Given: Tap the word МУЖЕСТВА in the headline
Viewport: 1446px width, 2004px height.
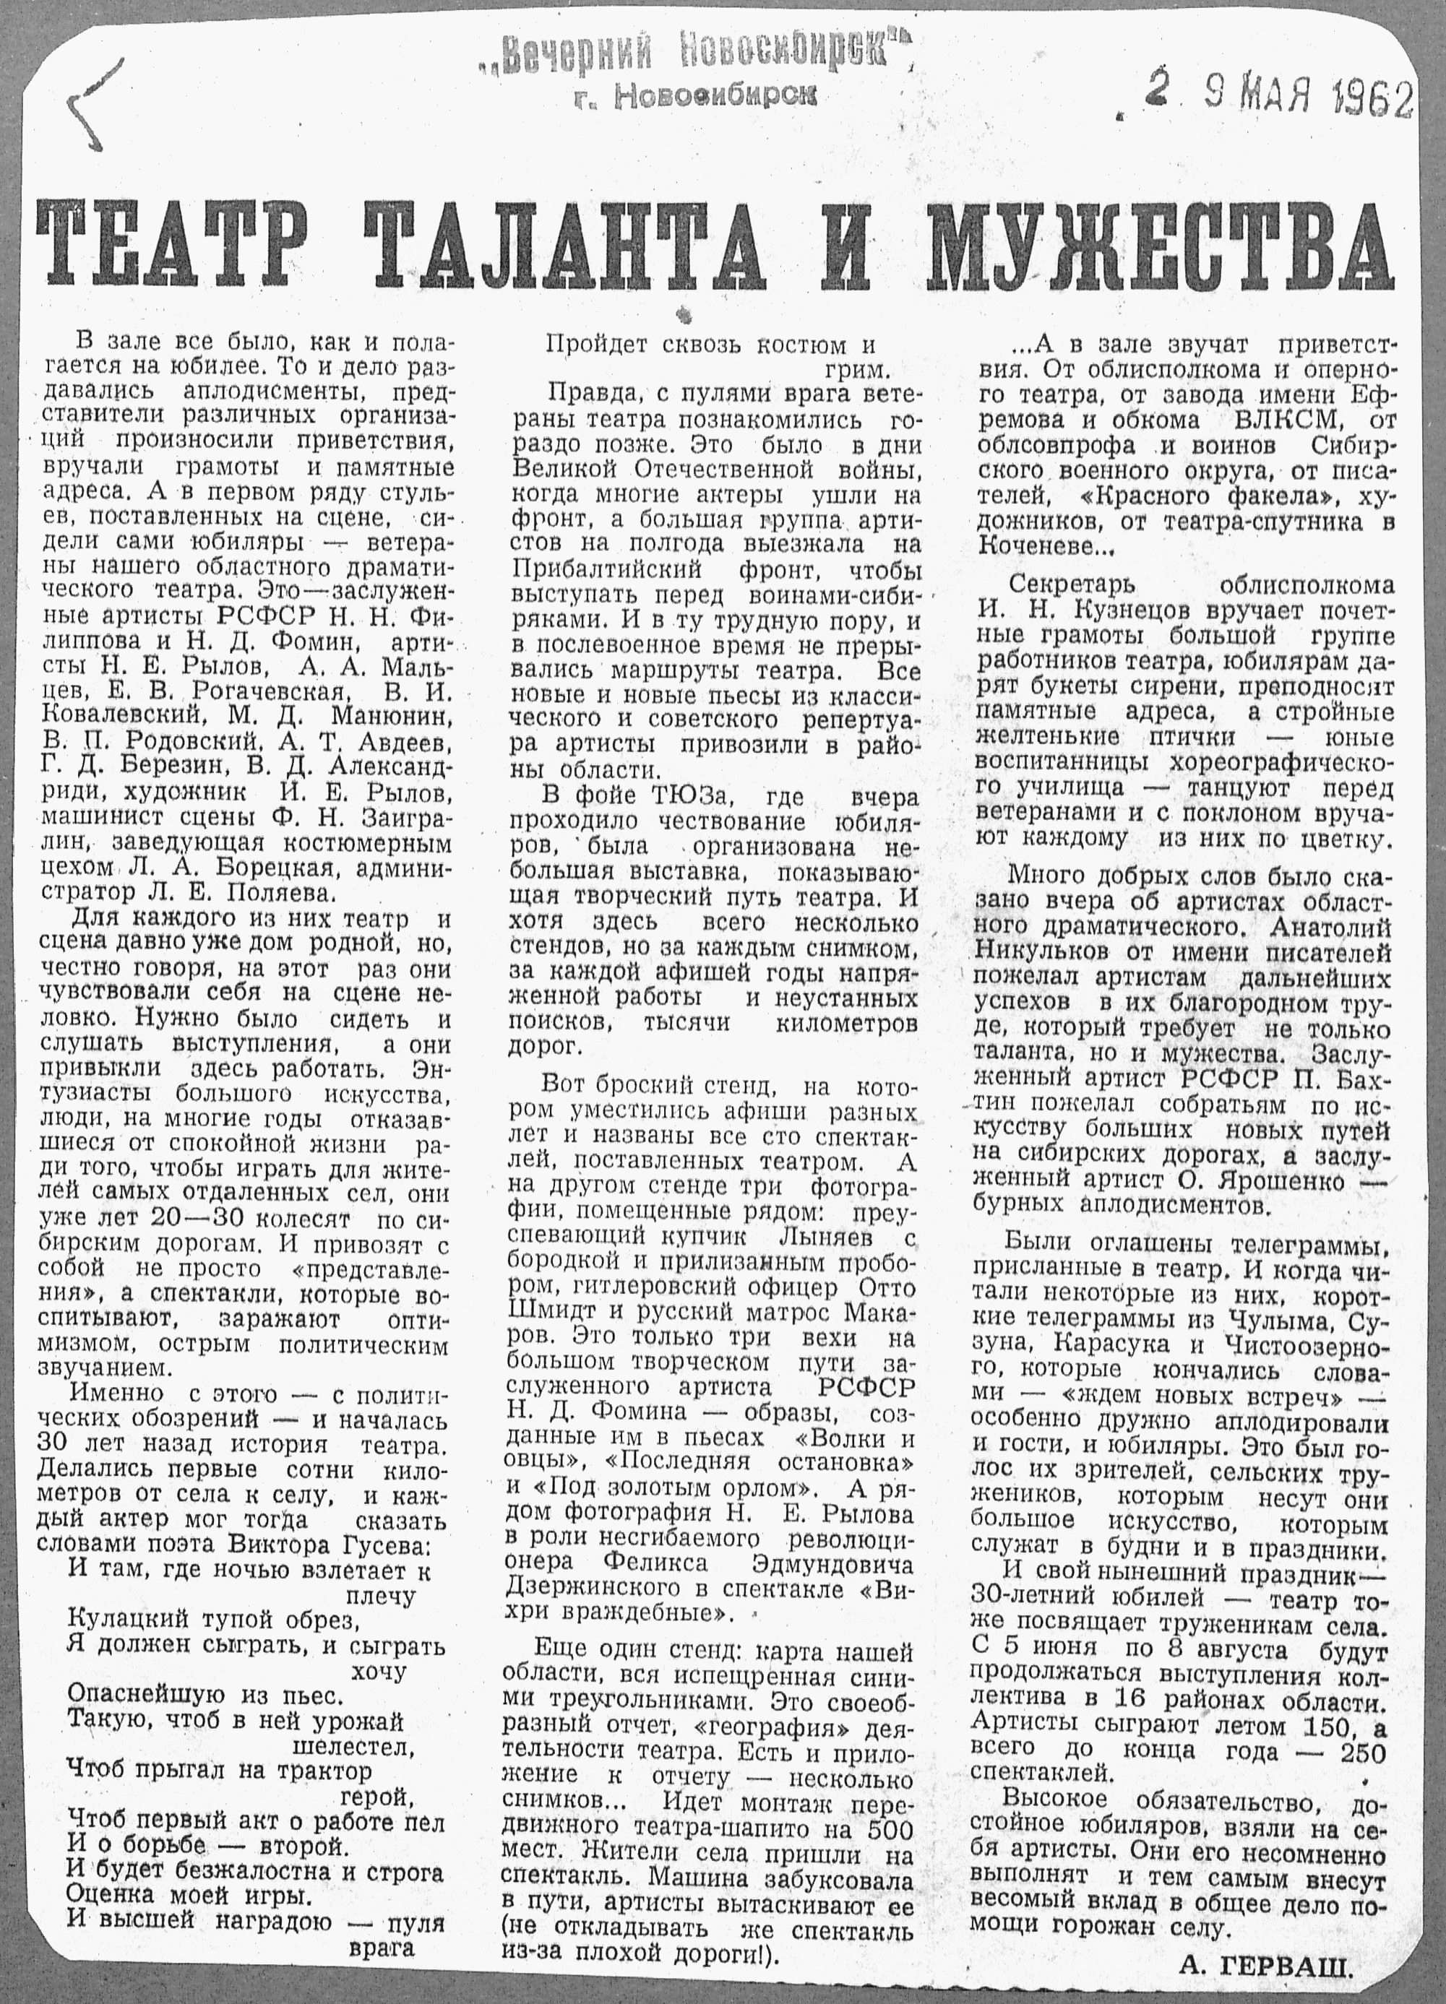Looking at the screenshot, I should [1158, 245].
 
